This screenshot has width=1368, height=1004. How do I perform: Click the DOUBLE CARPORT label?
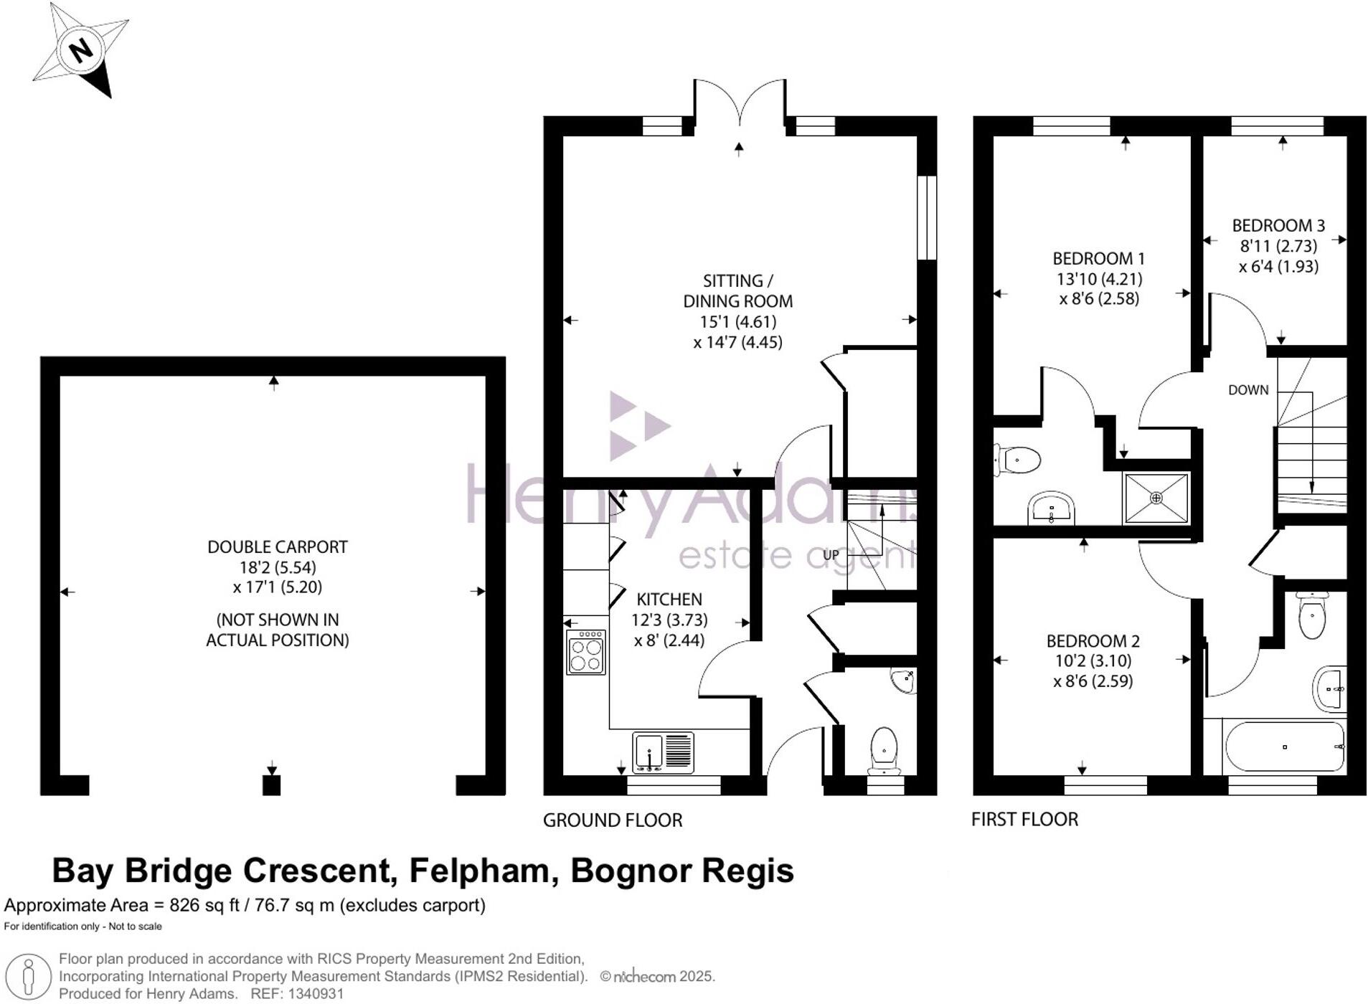pyautogui.click(x=277, y=547)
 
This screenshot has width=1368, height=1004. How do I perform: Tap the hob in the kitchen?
pyautogui.click(x=585, y=653)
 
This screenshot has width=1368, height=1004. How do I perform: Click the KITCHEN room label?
pyautogui.click(x=669, y=600)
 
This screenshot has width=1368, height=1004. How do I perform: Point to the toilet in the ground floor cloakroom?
pyautogui.click(x=884, y=750)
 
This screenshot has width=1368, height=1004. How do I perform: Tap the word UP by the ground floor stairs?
pyautogui.click(x=831, y=555)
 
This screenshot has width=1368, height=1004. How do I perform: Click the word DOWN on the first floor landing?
pyautogui.click(x=1248, y=390)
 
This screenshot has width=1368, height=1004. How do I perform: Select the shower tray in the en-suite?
pyautogui.click(x=1155, y=498)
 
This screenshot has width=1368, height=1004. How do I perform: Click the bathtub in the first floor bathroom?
pyautogui.click(x=1284, y=747)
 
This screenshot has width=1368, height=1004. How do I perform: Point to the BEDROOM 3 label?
pyautogui.click(x=1278, y=226)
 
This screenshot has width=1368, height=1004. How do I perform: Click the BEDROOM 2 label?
pyautogui.click(x=1093, y=641)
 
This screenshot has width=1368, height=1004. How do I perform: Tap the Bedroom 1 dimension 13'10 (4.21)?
pyautogui.click(x=1099, y=279)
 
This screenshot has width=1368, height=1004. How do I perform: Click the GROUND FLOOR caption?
pyautogui.click(x=612, y=820)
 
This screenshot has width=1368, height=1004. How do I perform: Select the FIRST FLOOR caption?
pyautogui.click(x=1024, y=820)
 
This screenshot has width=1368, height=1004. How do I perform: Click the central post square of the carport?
pyautogui.click(x=271, y=785)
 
